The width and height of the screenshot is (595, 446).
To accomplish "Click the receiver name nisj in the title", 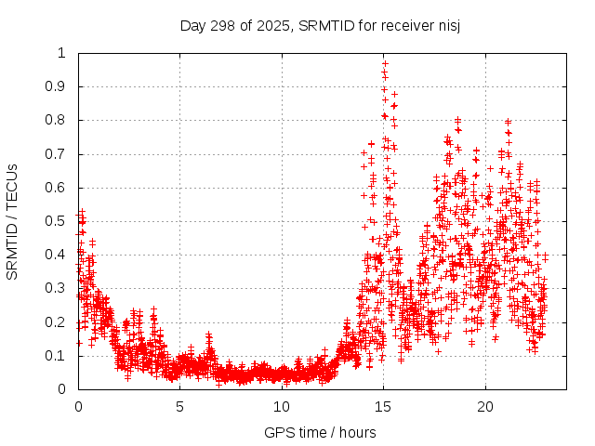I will point(447,25).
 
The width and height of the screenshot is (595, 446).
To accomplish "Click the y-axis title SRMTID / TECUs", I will point(12,221).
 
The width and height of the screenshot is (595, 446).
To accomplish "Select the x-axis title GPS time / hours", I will point(320,432).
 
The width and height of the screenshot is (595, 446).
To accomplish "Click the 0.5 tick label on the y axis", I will point(58,221).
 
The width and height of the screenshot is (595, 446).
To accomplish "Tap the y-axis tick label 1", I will point(63,53).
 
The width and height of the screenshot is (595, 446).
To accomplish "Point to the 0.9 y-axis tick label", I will point(58,86).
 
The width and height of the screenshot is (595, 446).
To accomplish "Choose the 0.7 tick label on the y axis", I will point(58,154).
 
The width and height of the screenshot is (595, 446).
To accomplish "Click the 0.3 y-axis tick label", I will point(58,288).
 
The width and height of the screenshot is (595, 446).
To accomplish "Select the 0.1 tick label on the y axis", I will point(58,356).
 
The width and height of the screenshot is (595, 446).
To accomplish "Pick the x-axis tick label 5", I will point(180,407).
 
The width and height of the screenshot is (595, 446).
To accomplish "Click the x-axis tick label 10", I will point(282,407).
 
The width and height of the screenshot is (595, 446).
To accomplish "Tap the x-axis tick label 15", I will point(384,407).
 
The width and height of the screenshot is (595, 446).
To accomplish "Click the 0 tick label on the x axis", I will point(78,407).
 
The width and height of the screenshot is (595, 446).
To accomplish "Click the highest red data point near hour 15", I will point(385,64).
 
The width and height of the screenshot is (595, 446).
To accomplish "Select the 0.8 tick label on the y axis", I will point(58,120).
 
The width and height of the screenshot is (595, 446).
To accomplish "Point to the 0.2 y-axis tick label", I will point(58,322).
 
